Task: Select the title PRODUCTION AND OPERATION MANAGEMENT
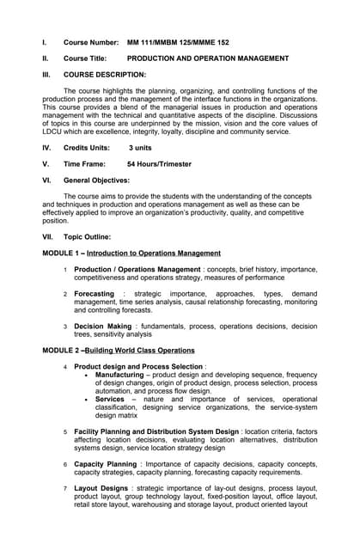pyautogui.click(x=207, y=58)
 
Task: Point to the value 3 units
pyautogui.click(x=144, y=148)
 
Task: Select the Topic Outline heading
pyautogui.click(x=87, y=236)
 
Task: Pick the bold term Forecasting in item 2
pyautogui.click(x=94, y=294)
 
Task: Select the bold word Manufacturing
pyautogui.click(x=119, y=376)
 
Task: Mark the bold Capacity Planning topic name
pyautogui.click(x=105, y=464)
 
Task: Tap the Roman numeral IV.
pyautogui.click(x=46, y=148)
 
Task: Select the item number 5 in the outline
pyautogui.click(x=65, y=431)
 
